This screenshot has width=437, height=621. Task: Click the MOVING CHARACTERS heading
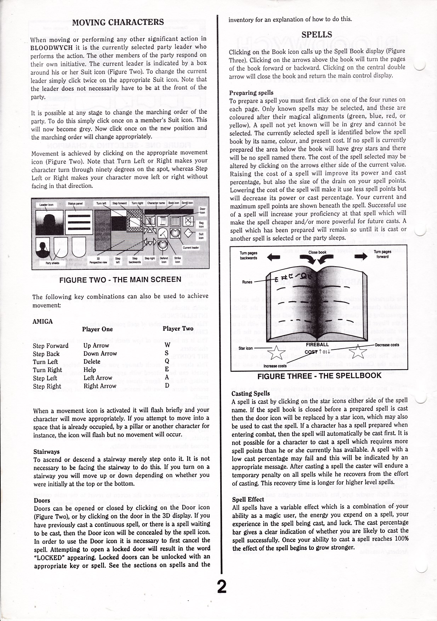click(x=118, y=22)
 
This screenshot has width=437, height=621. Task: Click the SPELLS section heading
click(x=317, y=34)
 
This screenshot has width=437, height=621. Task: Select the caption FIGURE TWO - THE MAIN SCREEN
click(x=120, y=280)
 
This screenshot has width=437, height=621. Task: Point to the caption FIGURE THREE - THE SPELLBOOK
click(x=319, y=376)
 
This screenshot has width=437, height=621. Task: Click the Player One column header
click(x=97, y=329)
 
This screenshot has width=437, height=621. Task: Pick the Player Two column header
click(x=178, y=329)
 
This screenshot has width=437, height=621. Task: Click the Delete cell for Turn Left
click(x=92, y=361)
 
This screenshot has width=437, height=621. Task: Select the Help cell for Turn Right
click(x=90, y=370)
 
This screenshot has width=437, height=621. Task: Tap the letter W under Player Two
click(x=168, y=345)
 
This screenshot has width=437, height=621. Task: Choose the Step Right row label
click(x=47, y=386)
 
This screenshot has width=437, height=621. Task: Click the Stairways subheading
click(x=46, y=451)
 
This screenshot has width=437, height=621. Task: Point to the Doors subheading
click(x=42, y=500)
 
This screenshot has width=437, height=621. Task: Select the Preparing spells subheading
click(x=251, y=93)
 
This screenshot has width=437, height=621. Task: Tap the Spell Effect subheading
click(x=248, y=499)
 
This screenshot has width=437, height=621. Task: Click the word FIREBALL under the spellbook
click(x=317, y=344)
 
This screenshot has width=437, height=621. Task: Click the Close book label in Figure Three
click(x=317, y=252)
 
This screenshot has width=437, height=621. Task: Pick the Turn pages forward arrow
click(x=361, y=256)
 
